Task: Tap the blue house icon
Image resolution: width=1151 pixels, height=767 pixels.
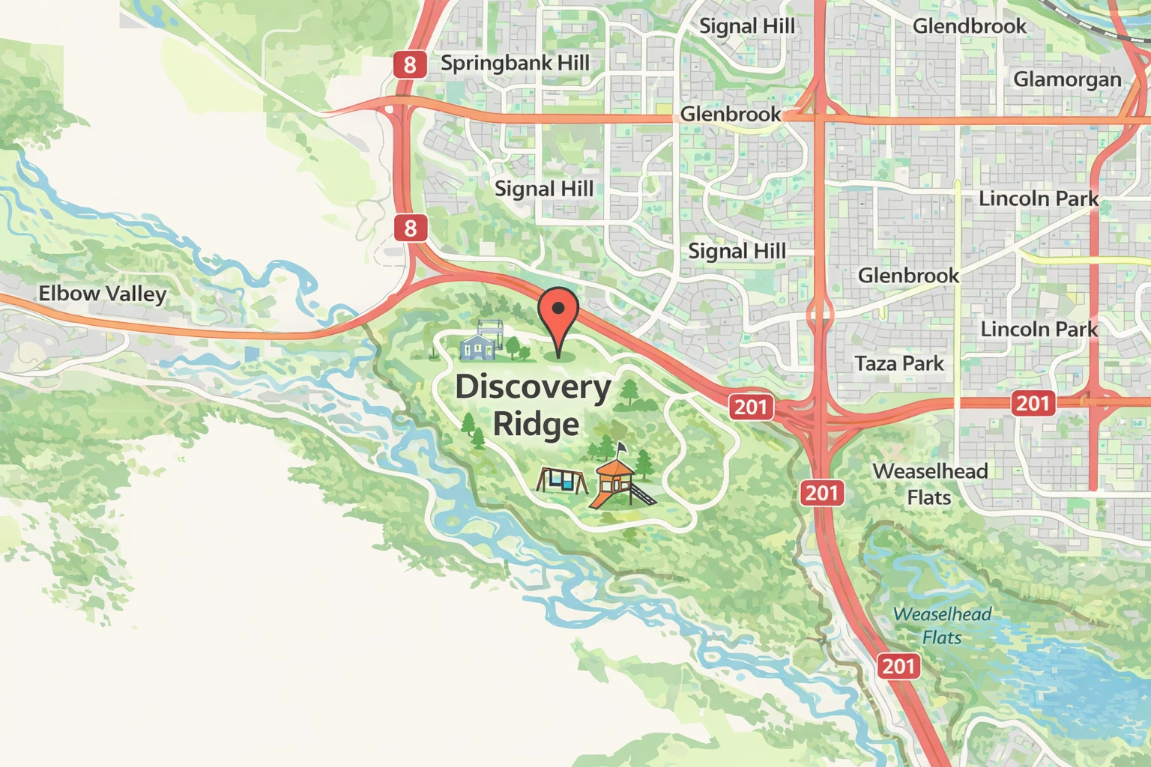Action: pos(477,344)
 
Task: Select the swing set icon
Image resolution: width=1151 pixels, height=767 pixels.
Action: pos(562,480)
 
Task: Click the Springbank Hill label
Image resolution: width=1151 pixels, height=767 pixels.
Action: pos(515,63)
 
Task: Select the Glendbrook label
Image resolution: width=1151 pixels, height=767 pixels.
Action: pos(969,26)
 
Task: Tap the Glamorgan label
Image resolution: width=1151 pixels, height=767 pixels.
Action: pos(1067,79)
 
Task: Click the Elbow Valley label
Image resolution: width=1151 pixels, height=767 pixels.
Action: pos(102,294)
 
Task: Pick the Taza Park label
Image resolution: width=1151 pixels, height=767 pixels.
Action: pos(899,364)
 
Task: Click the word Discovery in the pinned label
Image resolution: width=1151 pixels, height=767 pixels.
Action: pos(533,388)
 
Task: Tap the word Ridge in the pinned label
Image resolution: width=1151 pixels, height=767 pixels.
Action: pos(536,424)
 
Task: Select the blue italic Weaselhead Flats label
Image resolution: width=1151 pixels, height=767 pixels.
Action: pos(942,626)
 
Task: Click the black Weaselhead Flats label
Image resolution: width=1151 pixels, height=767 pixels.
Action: pos(930,484)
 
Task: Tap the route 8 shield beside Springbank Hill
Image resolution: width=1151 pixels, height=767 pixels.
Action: pos(409,65)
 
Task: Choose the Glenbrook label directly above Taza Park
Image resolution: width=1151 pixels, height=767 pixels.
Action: pos(908,276)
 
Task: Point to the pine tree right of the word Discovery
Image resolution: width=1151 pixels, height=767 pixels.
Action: pos(629,392)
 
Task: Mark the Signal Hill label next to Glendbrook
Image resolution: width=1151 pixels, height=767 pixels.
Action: pos(746,26)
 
